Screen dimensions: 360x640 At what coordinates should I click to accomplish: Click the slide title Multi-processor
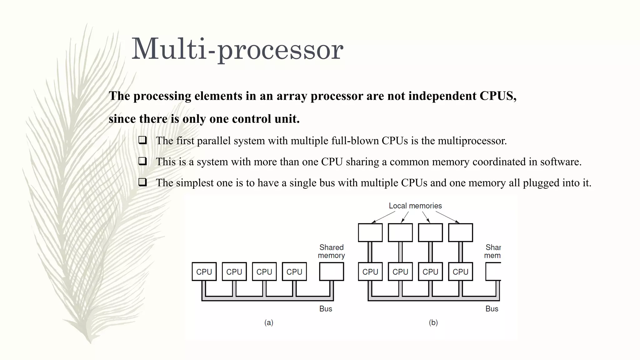[x=237, y=49]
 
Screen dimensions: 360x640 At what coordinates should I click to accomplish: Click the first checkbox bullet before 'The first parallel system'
[x=143, y=140]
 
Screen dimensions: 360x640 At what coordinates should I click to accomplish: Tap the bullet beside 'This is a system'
[x=143, y=161]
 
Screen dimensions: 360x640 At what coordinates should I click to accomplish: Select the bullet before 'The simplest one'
[x=143, y=182]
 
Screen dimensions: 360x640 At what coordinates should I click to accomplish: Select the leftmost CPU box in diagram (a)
[x=204, y=272]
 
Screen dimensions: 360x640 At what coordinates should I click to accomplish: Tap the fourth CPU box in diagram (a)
[x=294, y=272]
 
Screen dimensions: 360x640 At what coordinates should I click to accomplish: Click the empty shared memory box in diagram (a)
[x=331, y=272]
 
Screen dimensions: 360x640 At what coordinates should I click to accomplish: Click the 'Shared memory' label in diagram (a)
[x=331, y=251]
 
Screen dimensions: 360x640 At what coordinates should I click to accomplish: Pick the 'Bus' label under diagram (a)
[x=326, y=309]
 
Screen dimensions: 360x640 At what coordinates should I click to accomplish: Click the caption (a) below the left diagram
[x=269, y=322]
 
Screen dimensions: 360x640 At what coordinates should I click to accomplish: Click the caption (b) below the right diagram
[x=433, y=322]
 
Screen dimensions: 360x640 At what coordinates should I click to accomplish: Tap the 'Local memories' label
[x=415, y=206]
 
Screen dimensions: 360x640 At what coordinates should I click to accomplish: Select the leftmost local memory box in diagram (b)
[x=370, y=232]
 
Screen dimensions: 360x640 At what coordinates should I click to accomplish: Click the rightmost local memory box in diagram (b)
[x=460, y=232]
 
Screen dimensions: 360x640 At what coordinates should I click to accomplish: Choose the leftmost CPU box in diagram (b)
[x=370, y=272]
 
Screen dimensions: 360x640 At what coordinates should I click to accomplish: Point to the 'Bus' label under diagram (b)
[x=492, y=309]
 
